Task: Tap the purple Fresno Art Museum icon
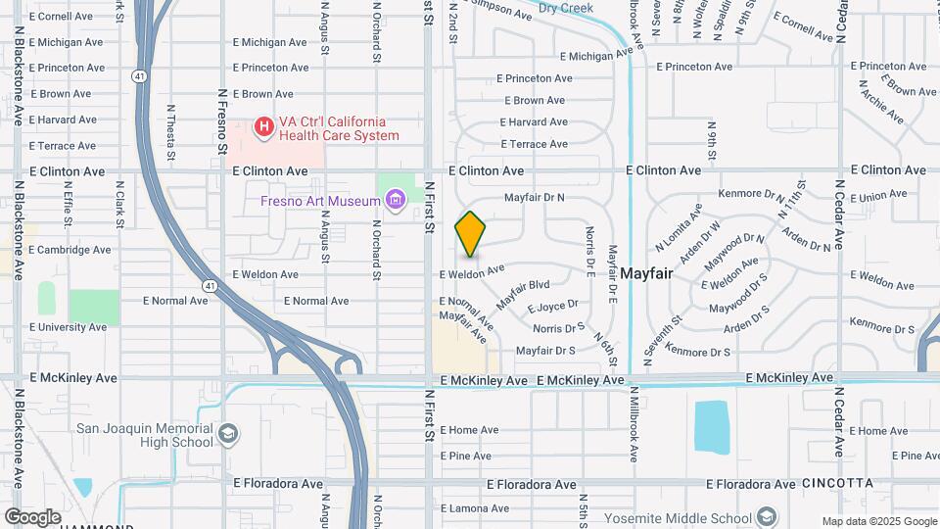(396, 202)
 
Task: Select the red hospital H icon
(263, 127)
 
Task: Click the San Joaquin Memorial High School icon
(227, 433)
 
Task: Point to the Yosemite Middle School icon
(768, 517)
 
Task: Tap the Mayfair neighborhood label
(646, 273)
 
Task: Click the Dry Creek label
(566, 8)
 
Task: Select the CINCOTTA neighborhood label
(837, 484)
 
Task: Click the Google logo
(32, 516)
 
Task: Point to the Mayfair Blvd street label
(523, 295)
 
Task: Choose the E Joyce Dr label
(553, 306)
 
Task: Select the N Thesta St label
(170, 132)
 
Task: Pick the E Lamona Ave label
(475, 508)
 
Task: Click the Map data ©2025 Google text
(879, 521)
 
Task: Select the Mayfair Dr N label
(535, 197)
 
